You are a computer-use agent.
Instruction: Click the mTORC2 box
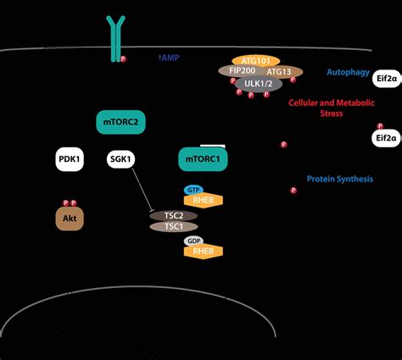coord(122,121)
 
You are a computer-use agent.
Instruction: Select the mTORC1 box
coord(202,158)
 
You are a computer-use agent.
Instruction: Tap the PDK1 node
coord(70,159)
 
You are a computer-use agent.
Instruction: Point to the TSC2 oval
coord(173,215)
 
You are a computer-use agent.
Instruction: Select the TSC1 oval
coord(173,227)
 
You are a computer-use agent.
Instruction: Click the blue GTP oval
coord(193,190)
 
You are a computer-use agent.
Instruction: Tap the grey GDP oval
coord(193,241)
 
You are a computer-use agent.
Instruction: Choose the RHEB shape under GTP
coord(203,201)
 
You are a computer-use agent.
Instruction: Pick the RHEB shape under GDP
coord(203,252)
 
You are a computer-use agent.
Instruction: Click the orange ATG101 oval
coord(255,61)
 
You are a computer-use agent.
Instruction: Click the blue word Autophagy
coord(348,73)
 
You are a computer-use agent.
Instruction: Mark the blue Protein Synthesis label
coord(339,179)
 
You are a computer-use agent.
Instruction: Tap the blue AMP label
coord(170,58)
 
